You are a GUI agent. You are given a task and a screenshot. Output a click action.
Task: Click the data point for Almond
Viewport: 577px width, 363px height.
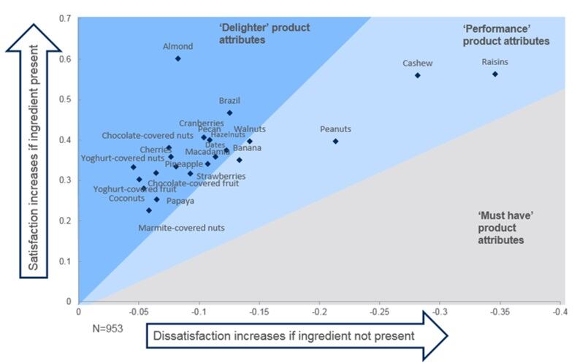click(x=177, y=58)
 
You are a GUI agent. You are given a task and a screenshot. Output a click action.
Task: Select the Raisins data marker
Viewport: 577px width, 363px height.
click(x=494, y=74)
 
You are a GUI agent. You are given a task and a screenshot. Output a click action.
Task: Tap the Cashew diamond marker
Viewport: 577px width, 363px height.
click(x=418, y=75)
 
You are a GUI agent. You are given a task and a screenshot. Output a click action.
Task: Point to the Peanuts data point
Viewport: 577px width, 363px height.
click(x=335, y=141)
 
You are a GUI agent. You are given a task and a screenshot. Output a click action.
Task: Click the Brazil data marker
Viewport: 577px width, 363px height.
click(x=229, y=113)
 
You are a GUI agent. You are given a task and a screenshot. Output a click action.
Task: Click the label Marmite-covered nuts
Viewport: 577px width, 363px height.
click(x=181, y=228)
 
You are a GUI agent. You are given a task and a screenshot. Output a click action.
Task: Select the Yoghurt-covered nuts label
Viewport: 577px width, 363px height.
click(x=123, y=158)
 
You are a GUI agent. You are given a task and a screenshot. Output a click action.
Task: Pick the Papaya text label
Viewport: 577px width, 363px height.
click(x=180, y=201)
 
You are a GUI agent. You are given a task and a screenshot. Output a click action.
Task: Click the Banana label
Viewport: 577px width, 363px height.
click(x=247, y=148)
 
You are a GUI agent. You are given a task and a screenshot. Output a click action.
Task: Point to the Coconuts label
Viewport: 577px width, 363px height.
click(x=126, y=198)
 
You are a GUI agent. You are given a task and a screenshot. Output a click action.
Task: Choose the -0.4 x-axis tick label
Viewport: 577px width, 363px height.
click(x=560, y=311)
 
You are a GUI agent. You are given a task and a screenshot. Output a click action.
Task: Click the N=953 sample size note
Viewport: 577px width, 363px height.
click(x=102, y=326)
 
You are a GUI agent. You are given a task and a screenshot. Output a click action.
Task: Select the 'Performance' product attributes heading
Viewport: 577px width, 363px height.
click(x=505, y=35)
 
